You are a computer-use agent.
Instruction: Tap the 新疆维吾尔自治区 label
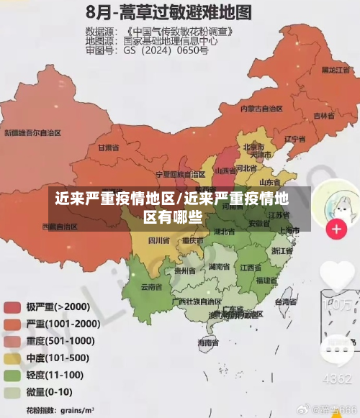pos(32,133)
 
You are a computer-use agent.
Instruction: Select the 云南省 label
pos(150,286)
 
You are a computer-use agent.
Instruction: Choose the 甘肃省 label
pos(107,147)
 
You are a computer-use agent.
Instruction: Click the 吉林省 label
pos(323,114)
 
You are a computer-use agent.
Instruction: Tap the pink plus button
pos(336,230)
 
